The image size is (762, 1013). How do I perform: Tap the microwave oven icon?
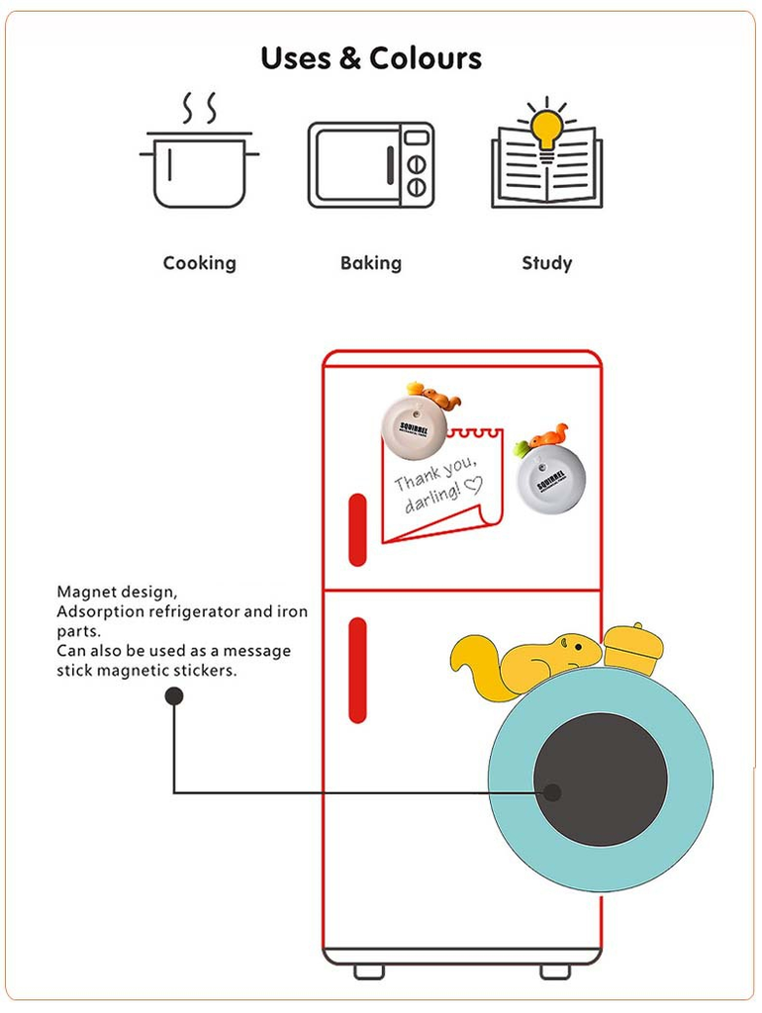click(370, 165)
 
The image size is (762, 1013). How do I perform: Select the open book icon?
click(546, 174)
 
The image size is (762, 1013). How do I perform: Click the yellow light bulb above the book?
click(546, 126)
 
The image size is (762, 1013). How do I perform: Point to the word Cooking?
click(199, 263)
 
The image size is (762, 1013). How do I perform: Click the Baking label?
click(370, 263)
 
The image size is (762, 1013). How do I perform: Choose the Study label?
click(546, 263)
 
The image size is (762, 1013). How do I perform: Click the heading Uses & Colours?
click(371, 58)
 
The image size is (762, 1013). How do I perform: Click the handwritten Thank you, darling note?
click(435, 486)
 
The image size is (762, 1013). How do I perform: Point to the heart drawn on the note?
click(473, 485)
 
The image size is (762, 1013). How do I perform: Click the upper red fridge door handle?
click(358, 529)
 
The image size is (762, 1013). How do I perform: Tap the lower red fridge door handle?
click(358, 670)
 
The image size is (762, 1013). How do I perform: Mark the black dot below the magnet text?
click(174, 696)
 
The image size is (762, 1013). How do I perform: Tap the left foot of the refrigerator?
click(368, 971)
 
